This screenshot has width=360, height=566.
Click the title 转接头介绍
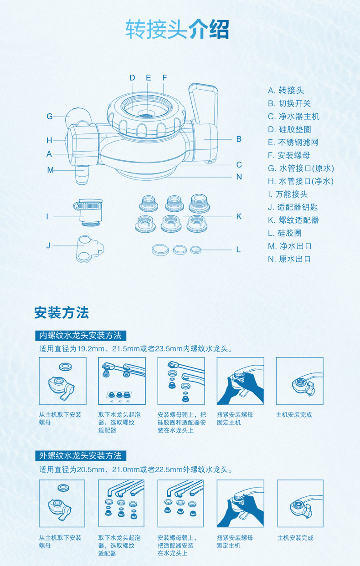[177, 30]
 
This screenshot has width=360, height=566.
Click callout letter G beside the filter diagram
[50, 117]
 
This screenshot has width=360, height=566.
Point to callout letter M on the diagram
[51, 170]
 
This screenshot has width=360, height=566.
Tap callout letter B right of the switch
[239, 139]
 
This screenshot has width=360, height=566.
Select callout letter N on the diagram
[239, 177]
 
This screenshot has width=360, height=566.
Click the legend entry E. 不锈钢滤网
[293, 143]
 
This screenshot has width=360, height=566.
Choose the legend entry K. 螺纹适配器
[293, 220]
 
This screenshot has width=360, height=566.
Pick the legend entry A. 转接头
[286, 91]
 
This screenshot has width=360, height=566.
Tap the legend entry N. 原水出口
[289, 259]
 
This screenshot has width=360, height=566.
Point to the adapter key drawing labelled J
[90, 249]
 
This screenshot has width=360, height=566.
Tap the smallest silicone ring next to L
[195, 250]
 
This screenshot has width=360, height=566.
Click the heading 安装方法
[62, 313]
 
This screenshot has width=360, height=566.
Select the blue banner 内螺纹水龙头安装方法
[81, 336]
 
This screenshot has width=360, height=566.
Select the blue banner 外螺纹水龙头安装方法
[81, 456]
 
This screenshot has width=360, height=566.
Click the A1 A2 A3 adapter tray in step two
[119, 396]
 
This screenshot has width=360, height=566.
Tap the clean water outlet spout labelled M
[82, 175]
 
